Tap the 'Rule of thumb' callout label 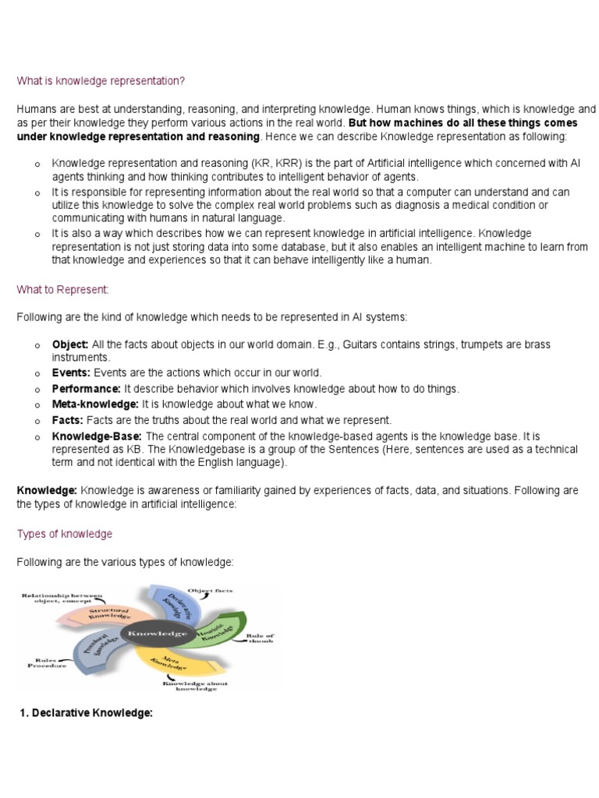point(261,641)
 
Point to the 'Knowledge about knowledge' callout point(192,686)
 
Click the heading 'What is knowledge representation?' point(101,81)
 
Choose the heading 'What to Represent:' point(63,290)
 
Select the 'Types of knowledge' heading point(65,534)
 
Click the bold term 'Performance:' point(87,388)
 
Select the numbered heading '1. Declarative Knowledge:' point(86,713)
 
